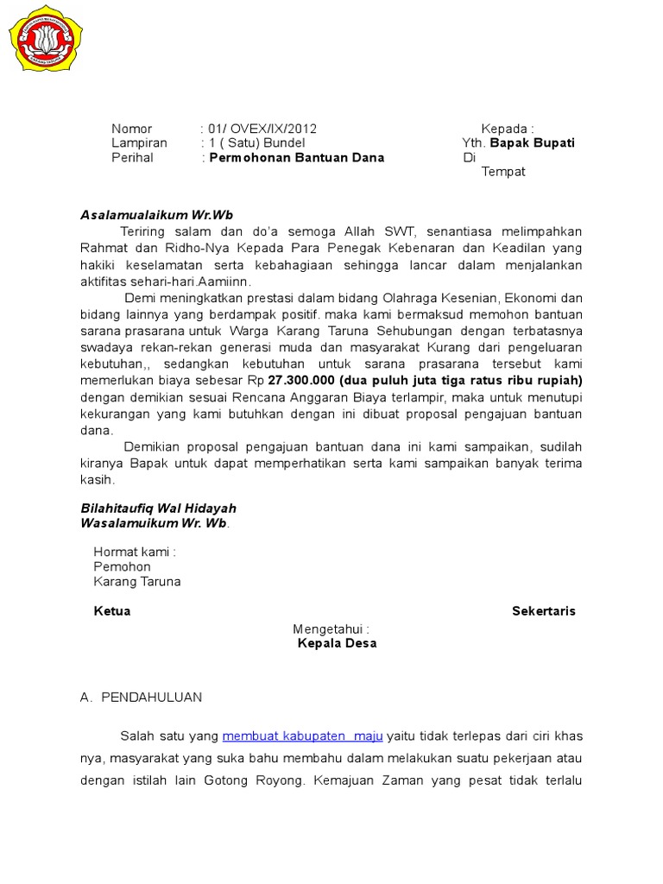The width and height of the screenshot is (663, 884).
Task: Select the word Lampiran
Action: pyautogui.click(x=139, y=143)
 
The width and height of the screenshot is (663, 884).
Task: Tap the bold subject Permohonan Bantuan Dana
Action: pyautogui.click(x=297, y=158)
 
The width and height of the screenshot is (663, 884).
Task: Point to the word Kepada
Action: pyautogui.click(x=507, y=129)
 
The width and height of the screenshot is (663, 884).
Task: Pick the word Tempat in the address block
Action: pyautogui.click(x=503, y=172)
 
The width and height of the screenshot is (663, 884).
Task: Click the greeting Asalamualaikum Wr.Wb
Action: pyautogui.click(x=157, y=215)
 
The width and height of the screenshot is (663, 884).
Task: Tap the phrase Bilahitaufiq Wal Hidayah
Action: pyautogui.click(x=158, y=508)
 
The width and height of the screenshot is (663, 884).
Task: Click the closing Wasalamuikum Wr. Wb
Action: pyautogui.click(x=155, y=523)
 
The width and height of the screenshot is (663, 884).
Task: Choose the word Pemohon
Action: pyautogui.click(x=122, y=567)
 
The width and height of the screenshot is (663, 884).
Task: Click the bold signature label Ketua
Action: pyautogui.click(x=112, y=611)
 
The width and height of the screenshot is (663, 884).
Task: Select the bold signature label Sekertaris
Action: pyautogui.click(x=544, y=611)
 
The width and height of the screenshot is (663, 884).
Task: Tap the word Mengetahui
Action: pyautogui.click(x=331, y=628)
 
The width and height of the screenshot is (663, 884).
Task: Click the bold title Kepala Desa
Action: pyautogui.click(x=337, y=643)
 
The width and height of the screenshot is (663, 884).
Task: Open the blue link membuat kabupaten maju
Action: pyautogui.click(x=302, y=736)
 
